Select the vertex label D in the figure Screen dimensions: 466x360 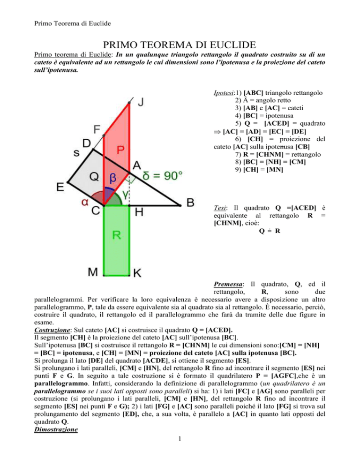(87, 142)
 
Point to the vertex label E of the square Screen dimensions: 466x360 (61, 187)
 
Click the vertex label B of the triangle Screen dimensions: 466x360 (191, 203)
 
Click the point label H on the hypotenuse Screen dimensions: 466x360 (140, 212)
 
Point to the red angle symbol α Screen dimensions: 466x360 (85, 202)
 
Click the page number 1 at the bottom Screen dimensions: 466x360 (180, 451)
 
